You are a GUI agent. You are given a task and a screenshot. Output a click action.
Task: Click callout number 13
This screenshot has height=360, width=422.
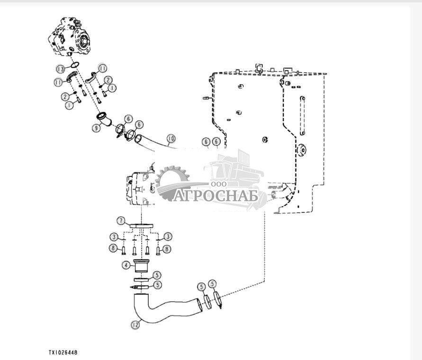click(x=60, y=70)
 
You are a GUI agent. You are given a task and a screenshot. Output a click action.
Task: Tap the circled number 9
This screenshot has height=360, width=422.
click(x=96, y=127)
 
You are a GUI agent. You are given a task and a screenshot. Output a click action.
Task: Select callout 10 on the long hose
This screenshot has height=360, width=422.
click(x=171, y=138)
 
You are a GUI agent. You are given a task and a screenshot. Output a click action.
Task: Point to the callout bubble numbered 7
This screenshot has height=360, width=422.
click(x=121, y=220)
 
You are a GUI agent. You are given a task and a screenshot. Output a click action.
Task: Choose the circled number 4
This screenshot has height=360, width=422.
click(x=126, y=265)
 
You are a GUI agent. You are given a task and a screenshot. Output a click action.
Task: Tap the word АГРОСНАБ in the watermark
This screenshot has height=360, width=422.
click(x=215, y=195)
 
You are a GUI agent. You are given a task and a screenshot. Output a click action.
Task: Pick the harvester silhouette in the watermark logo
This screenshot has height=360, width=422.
click(x=237, y=170)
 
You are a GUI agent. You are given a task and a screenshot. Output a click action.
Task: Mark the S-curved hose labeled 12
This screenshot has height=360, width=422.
click(x=166, y=310)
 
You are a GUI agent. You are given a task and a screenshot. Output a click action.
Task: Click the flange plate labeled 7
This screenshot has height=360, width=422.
click(x=141, y=227)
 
